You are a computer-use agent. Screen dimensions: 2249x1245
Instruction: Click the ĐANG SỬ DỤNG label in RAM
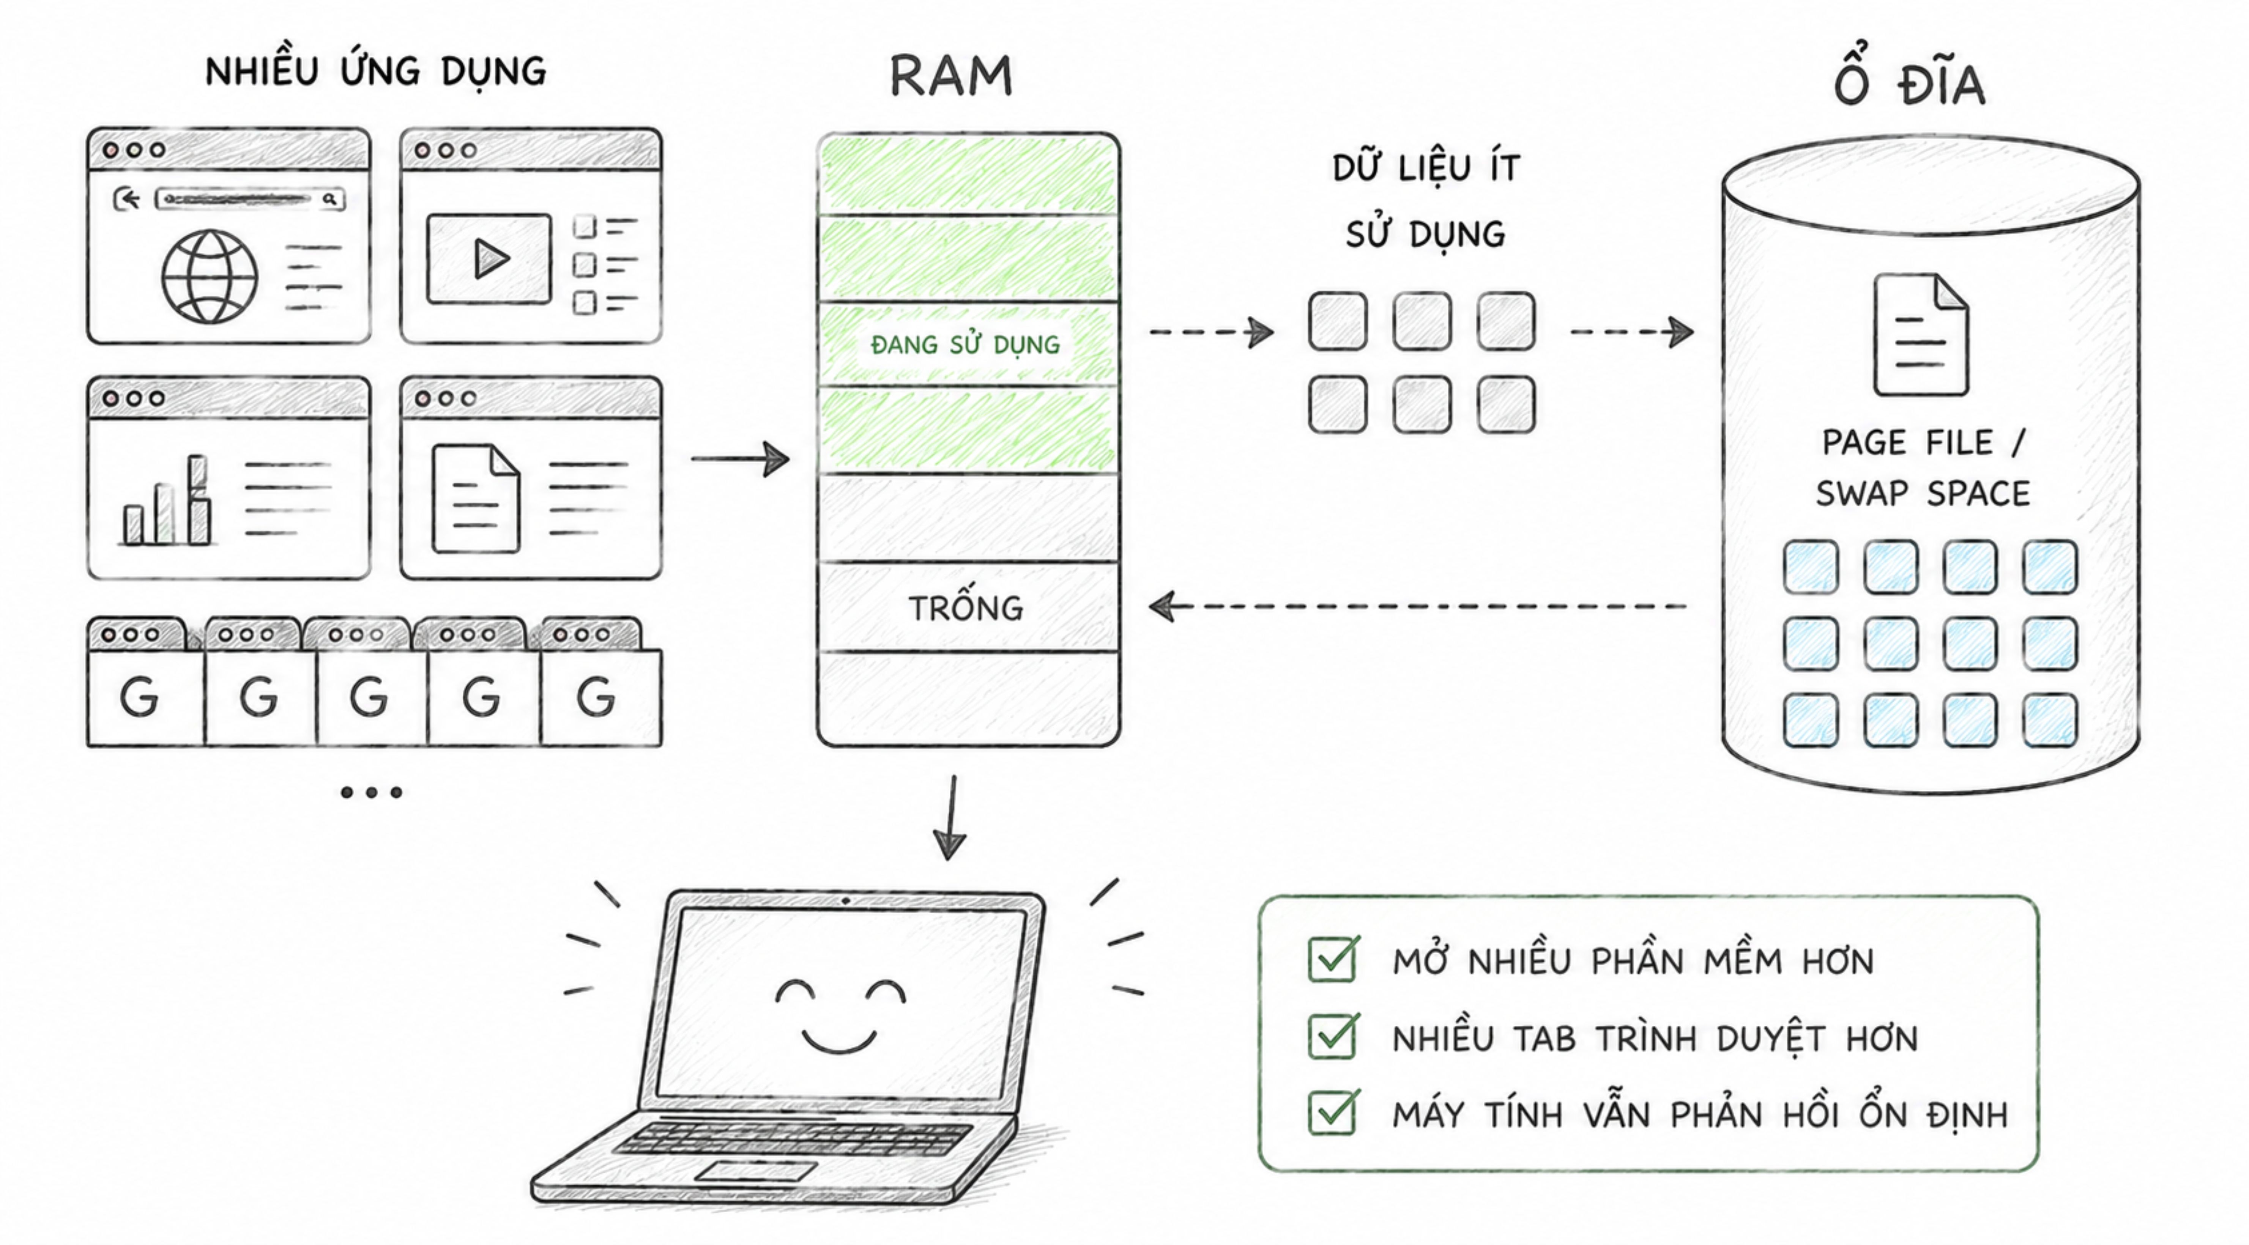pos(965,345)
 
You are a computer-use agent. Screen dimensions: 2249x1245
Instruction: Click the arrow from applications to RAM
pos(740,458)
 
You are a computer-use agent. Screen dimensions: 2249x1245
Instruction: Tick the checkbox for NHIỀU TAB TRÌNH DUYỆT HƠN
pos(1332,1036)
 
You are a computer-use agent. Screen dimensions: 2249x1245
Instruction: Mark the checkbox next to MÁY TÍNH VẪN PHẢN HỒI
pos(1332,1113)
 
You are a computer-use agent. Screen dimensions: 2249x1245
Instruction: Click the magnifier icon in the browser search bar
pos(330,199)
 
